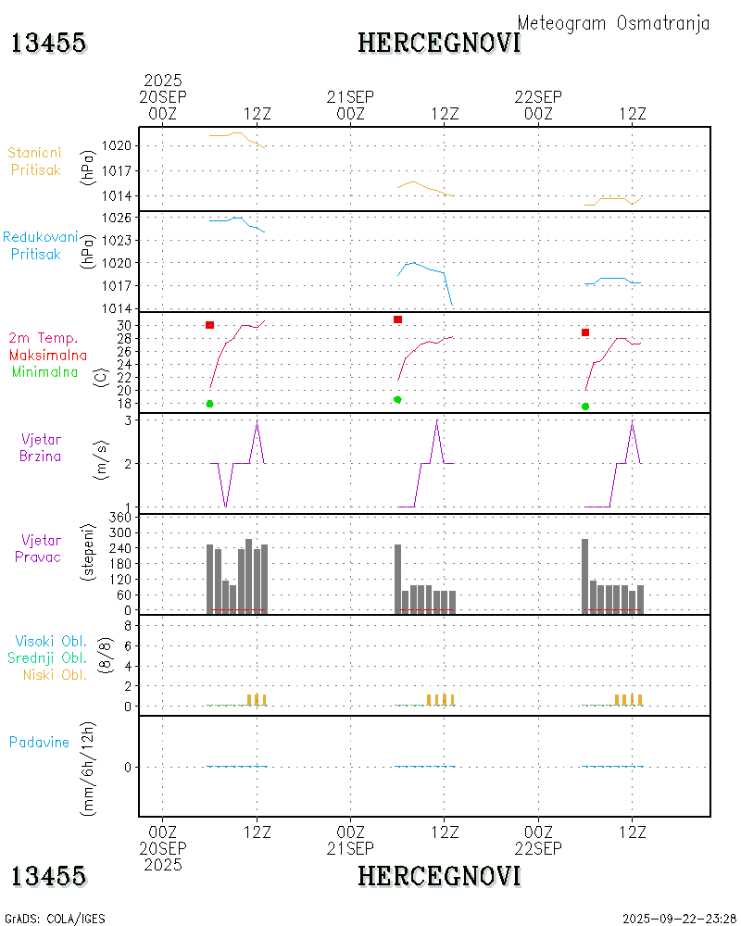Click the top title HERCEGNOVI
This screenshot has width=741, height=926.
pyautogui.click(x=439, y=43)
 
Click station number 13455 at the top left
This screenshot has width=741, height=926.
pyautogui.click(x=49, y=43)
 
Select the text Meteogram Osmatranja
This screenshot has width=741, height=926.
pyautogui.click(x=613, y=23)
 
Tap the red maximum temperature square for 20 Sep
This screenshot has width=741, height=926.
pyautogui.click(x=210, y=325)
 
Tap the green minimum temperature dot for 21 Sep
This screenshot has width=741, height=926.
pyautogui.click(x=397, y=399)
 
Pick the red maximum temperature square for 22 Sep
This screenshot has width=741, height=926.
pyautogui.click(x=585, y=332)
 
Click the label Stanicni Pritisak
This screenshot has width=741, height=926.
pyautogui.click(x=35, y=160)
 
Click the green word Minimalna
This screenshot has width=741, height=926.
pyautogui.click(x=45, y=372)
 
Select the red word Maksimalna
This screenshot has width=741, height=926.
pyautogui.click(x=48, y=355)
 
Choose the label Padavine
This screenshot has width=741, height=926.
pyautogui.click(x=39, y=742)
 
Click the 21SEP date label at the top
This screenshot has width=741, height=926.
pyautogui.click(x=350, y=96)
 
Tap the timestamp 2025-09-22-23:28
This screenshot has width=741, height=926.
pyautogui.click(x=680, y=919)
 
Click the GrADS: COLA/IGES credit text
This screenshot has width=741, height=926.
pyautogui.click(x=55, y=919)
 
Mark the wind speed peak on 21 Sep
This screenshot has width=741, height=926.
pyautogui.click(x=436, y=421)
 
